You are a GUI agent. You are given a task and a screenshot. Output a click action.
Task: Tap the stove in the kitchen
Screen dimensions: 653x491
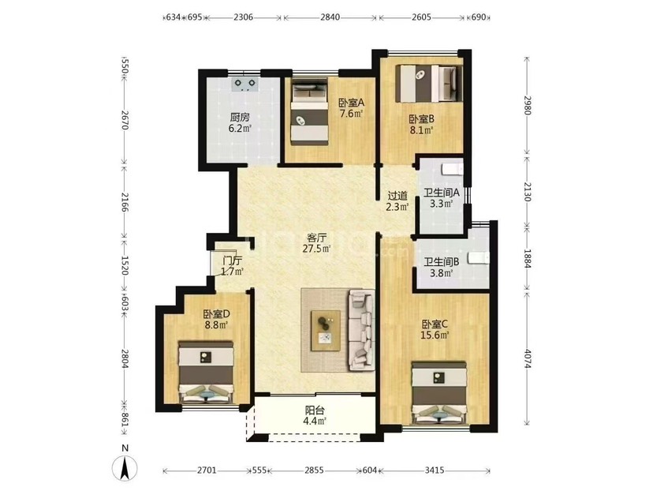[244, 84]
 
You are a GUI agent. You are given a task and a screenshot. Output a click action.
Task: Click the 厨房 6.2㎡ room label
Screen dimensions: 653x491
[240, 122]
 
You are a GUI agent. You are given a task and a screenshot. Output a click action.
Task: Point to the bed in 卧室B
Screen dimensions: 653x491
[428, 83]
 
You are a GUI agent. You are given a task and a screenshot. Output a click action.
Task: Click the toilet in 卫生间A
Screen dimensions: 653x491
[451, 169]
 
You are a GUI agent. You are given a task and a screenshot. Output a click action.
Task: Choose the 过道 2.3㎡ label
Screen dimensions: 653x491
[397, 201]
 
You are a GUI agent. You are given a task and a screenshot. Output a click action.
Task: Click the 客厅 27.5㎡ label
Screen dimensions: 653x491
[316, 243]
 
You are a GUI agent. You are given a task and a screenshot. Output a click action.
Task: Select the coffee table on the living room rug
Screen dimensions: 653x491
[326, 330]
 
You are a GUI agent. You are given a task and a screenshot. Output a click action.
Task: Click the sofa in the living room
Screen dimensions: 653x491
[360, 330]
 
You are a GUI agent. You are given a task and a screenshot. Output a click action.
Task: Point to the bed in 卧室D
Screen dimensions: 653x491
[206, 373]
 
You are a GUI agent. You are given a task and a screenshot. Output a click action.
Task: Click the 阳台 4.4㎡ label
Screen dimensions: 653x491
[315, 415]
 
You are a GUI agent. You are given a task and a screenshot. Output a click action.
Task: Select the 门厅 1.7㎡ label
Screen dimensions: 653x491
[232, 266]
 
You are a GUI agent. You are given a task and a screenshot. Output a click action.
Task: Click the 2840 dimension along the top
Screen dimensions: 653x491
[330, 17]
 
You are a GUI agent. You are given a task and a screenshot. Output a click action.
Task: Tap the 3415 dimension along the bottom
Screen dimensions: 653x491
[435, 470]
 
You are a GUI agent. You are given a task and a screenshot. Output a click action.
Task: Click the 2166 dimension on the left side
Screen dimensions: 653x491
[124, 202]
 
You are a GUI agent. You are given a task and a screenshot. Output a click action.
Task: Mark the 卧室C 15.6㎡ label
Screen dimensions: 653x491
[435, 329]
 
